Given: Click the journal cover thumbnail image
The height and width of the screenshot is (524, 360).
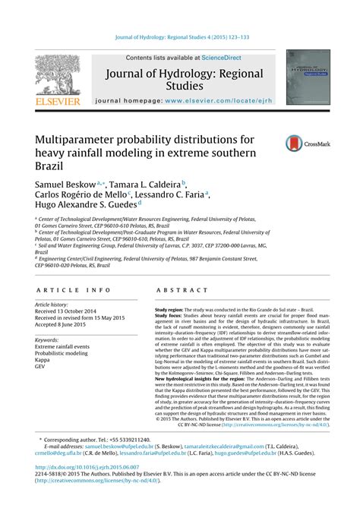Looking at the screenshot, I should coord(308,77).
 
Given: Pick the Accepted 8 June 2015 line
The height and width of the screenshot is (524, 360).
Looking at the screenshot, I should coord(64,324).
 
